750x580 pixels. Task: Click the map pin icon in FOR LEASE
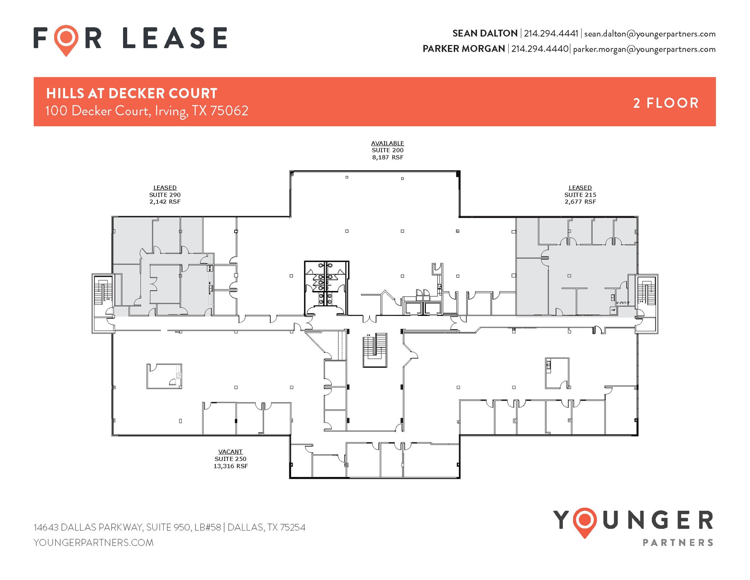pyautogui.click(x=66, y=38)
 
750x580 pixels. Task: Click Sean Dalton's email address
pyautogui.click(x=650, y=34)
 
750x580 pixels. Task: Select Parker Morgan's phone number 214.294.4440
pyautogui.click(x=539, y=49)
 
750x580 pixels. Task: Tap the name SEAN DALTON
pyautogui.click(x=484, y=33)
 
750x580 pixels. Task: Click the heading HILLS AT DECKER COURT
pyautogui.click(x=131, y=93)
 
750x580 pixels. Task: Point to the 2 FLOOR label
pyautogui.click(x=666, y=103)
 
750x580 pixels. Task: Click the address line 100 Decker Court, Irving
pyautogui.click(x=146, y=111)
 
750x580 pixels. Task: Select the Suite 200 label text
pyautogui.click(x=387, y=150)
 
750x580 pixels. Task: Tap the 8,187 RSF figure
pyautogui.click(x=387, y=158)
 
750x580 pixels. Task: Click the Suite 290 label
pyautogui.click(x=165, y=195)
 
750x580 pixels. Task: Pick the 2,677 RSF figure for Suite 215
pyautogui.click(x=580, y=202)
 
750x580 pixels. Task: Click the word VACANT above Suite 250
pyautogui.click(x=230, y=452)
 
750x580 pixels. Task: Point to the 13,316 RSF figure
pyautogui.click(x=230, y=466)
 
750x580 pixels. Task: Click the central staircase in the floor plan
pyautogui.click(x=375, y=349)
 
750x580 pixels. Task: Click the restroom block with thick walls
pyautogui.click(x=326, y=288)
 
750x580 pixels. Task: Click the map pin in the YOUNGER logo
pyautogui.click(x=585, y=521)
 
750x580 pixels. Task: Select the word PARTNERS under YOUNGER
pyautogui.click(x=678, y=543)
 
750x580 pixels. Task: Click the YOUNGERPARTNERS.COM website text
pyautogui.click(x=93, y=543)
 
